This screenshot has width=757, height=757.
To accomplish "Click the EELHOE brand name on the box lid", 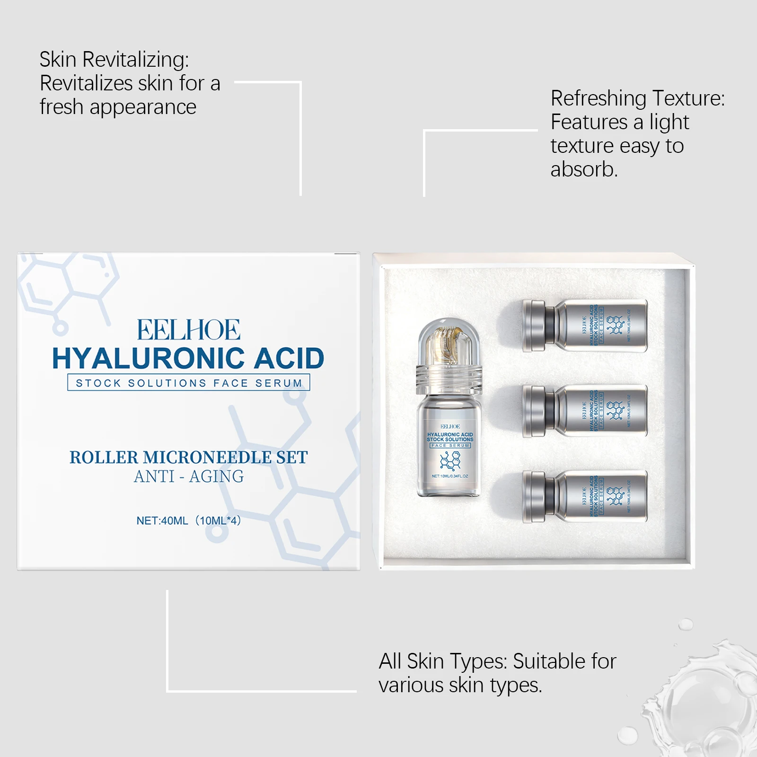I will click(188, 330).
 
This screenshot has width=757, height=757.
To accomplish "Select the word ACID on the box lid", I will click(289, 358).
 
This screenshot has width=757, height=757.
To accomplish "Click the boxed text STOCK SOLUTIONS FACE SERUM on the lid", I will click(189, 383).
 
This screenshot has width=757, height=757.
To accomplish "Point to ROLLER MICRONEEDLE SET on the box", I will click(188, 458).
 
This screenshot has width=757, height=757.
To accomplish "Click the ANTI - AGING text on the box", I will click(189, 476).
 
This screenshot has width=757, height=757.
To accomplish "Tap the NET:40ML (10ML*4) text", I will click(189, 520).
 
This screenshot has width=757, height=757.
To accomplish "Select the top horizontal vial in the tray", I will click(585, 326).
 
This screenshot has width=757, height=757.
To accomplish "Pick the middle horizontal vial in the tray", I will click(585, 411).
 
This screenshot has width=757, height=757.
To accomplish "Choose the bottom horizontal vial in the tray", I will click(585, 497).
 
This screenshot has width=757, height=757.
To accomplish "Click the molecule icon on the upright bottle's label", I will click(450, 460).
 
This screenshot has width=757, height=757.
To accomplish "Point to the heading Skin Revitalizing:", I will click(114, 60).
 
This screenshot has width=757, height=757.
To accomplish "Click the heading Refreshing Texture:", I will click(637, 98).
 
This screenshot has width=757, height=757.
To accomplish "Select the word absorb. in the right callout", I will click(584, 169).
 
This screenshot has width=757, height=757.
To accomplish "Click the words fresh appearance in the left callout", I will click(118, 107).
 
